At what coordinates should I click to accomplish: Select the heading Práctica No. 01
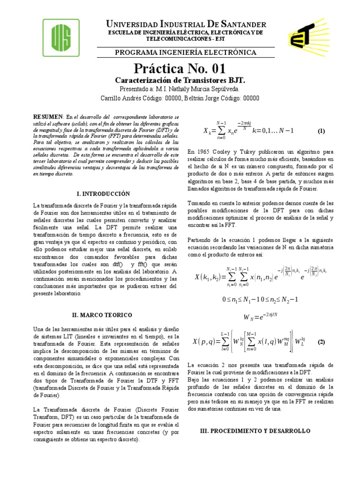click(x=180, y=69)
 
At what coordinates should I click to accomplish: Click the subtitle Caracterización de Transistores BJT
click(x=180, y=80)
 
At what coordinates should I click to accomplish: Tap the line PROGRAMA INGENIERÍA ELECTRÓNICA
click(x=180, y=53)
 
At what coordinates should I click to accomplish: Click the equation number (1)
click(x=321, y=131)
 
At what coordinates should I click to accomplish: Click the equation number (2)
click(x=321, y=342)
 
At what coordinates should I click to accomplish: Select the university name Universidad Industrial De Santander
click(x=180, y=24)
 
